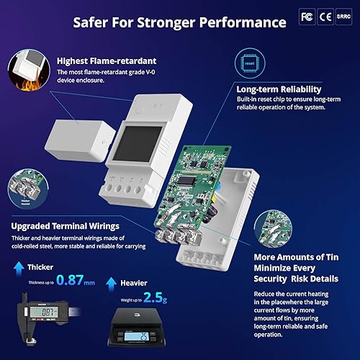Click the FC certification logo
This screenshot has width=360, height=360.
tap(306, 16)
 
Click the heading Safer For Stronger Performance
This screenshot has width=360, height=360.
tap(179, 21)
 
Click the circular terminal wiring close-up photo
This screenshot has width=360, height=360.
tap(24, 187)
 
